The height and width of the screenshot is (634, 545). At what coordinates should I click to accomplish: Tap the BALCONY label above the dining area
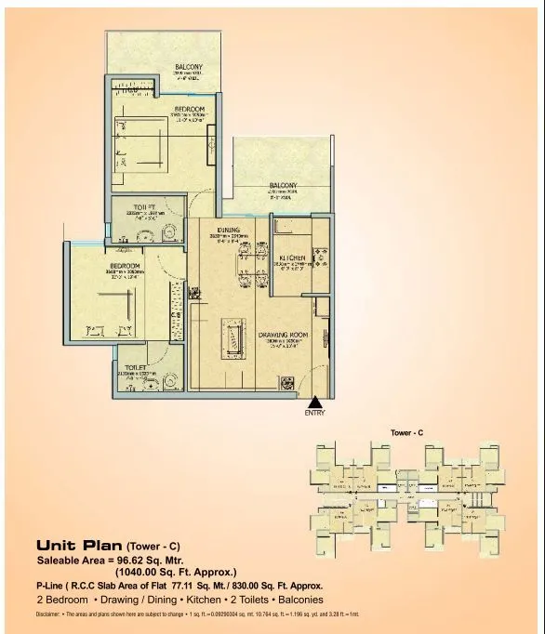tap(283, 184)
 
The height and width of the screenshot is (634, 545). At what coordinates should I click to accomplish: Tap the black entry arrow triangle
tap(314, 400)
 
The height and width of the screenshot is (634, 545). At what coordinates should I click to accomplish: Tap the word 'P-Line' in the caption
tap(51, 587)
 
